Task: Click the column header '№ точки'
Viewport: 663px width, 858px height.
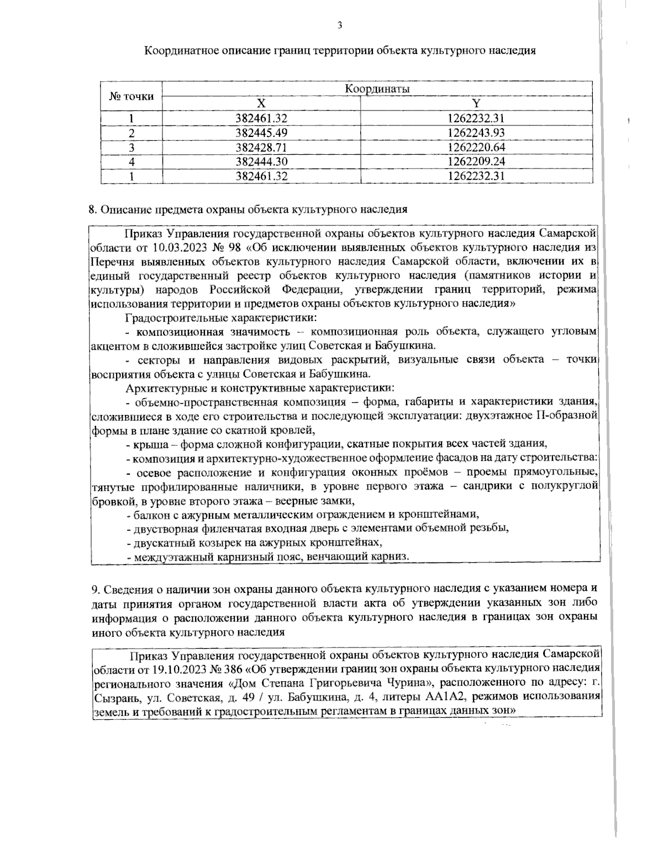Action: tap(131, 96)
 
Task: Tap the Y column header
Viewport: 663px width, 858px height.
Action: tap(476, 103)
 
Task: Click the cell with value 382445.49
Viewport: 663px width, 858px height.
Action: tap(261, 133)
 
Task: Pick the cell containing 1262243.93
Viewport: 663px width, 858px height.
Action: tap(476, 133)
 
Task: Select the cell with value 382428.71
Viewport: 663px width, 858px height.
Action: tap(261, 148)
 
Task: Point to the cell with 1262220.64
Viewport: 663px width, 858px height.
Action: tap(476, 148)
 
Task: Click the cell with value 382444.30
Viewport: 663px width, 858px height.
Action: tap(261, 162)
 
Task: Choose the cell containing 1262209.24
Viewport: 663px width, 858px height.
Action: tap(476, 162)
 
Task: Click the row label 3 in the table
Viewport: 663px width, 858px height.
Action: tap(131, 148)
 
